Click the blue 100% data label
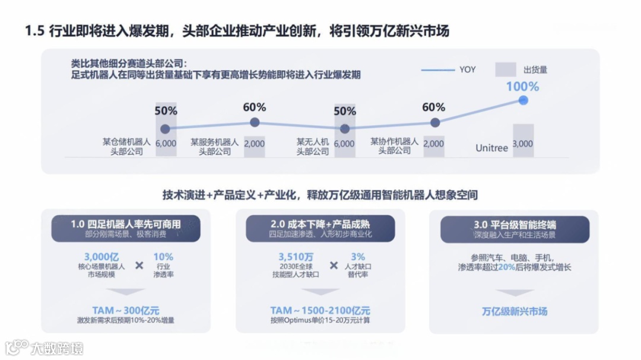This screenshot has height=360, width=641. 522,87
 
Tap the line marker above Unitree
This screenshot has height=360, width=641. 523,100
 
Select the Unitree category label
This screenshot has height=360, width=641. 491,148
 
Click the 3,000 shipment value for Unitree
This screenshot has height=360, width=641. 523,144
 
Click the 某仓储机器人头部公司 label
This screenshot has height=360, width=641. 126,146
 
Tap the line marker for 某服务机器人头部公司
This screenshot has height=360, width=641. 255,122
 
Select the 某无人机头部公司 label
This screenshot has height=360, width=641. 313,146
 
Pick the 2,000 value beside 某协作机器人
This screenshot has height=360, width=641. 434,144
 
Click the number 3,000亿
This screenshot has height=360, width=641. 101,257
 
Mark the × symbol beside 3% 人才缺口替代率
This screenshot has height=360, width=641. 334,266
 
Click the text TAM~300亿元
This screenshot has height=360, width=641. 126,310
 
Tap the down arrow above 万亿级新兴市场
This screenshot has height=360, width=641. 515,292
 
